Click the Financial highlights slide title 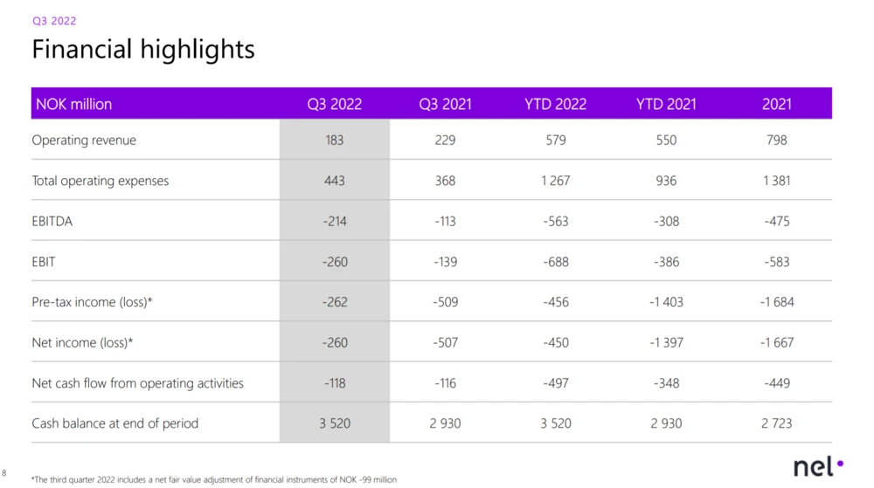(x=143, y=50)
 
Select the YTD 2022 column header (x=555, y=104)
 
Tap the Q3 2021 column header (x=445, y=104)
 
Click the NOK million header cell (x=73, y=104)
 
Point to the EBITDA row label (x=52, y=221)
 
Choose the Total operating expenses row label (x=101, y=181)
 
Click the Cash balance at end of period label (x=114, y=423)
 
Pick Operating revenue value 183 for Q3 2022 (x=335, y=141)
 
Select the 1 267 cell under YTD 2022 (x=555, y=181)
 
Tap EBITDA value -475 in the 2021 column (x=776, y=222)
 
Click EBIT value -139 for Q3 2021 (x=445, y=262)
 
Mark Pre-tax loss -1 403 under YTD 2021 (x=666, y=302)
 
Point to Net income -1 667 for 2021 (x=776, y=343)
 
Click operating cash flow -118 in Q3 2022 (x=335, y=383)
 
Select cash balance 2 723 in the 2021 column (x=776, y=423)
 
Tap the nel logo (x=818, y=466)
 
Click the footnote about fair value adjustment (x=214, y=479)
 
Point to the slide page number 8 (x=3, y=473)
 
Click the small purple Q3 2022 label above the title (x=54, y=21)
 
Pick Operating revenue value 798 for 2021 (x=776, y=141)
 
